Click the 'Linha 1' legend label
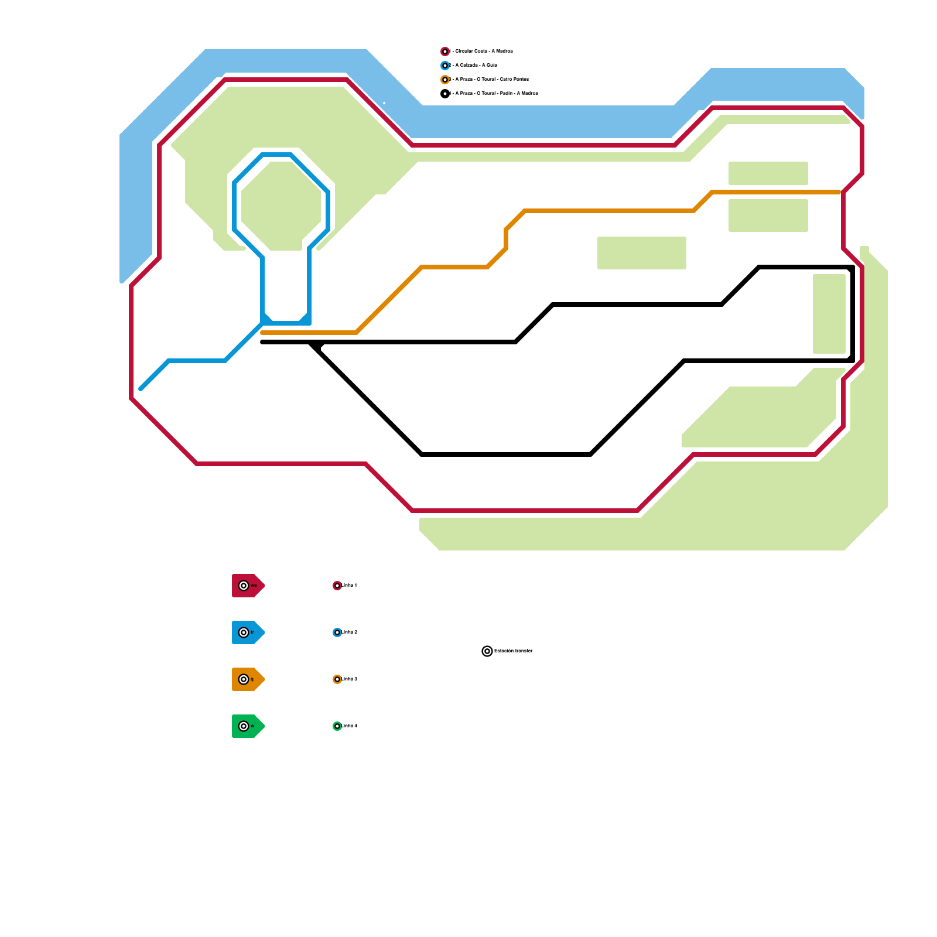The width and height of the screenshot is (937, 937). (350, 586)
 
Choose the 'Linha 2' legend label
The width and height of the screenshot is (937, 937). (350, 632)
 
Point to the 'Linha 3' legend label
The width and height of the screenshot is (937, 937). (350, 679)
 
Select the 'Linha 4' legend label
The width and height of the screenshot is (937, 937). (350, 726)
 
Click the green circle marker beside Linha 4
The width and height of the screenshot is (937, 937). (337, 726)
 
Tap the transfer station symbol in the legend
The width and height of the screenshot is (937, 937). (487, 651)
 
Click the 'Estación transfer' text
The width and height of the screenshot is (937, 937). (514, 651)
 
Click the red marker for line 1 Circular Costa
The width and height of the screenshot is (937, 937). (445, 52)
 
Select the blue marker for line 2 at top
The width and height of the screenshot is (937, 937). (445, 66)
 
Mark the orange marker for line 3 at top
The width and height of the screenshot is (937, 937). (445, 80)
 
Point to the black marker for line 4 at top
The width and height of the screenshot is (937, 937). (445, 94)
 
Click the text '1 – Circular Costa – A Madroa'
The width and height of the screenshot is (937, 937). (481, 52)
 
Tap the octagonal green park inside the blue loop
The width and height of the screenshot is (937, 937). (281, 205)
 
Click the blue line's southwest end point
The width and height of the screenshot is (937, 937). (141, 388)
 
